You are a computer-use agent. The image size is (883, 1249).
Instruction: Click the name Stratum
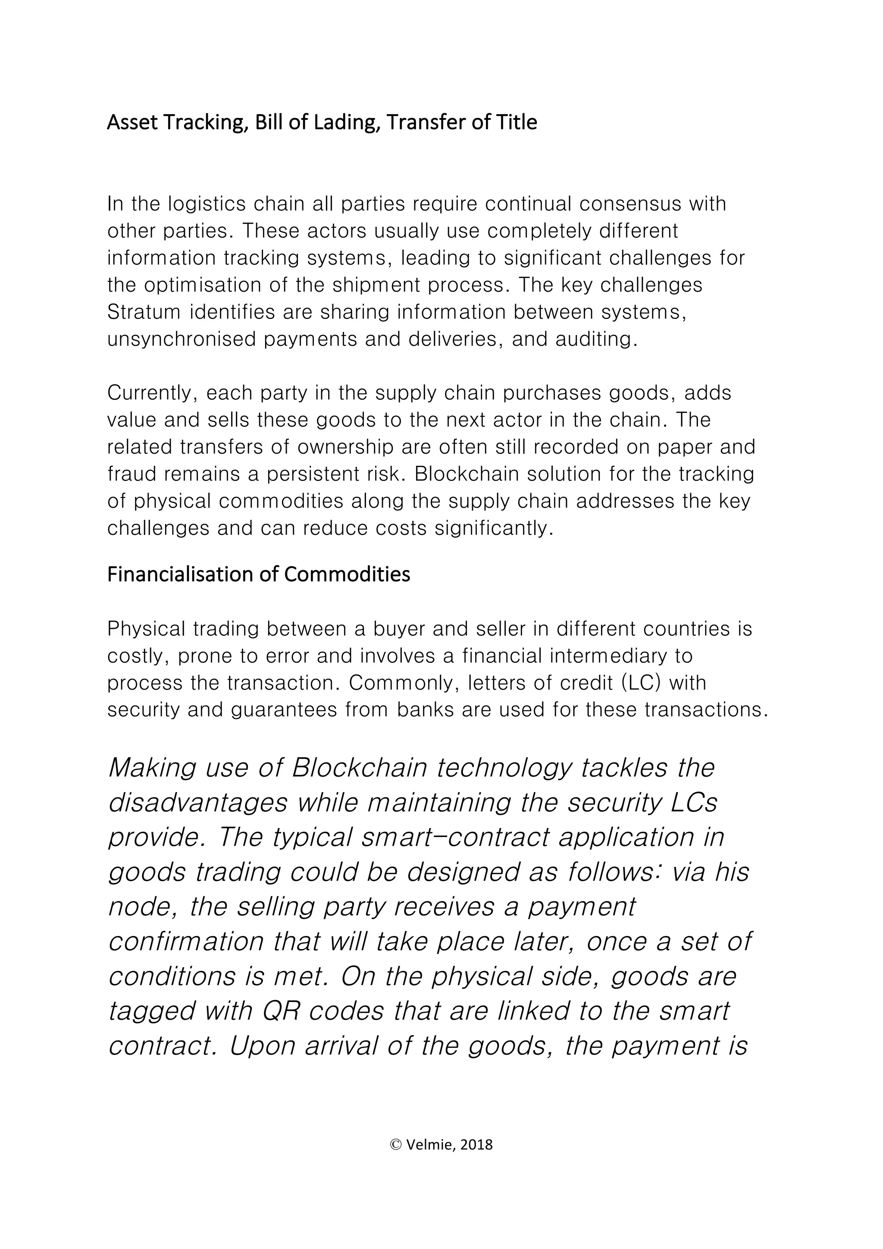point(144,312)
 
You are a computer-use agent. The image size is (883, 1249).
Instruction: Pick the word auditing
point(596,340)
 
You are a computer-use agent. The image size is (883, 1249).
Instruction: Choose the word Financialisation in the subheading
point(180,575)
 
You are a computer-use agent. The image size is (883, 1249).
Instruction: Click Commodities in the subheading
point(347,575)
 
